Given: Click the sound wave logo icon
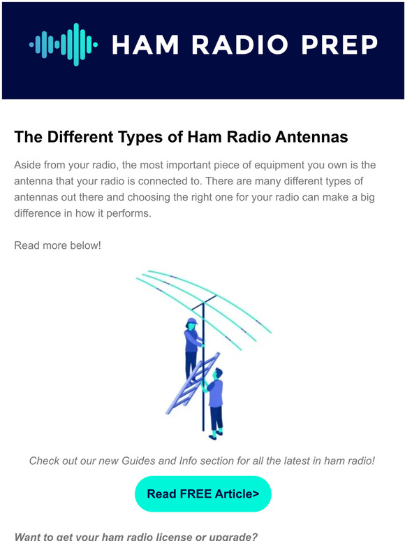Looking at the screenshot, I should [64, 44].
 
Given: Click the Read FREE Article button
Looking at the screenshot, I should [202, 494].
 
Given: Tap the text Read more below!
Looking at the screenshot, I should [57, 245].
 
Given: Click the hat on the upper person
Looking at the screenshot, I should [191, 322].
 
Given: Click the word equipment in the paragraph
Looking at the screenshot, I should [281, 165].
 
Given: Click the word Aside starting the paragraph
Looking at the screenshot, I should [29, 165].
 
